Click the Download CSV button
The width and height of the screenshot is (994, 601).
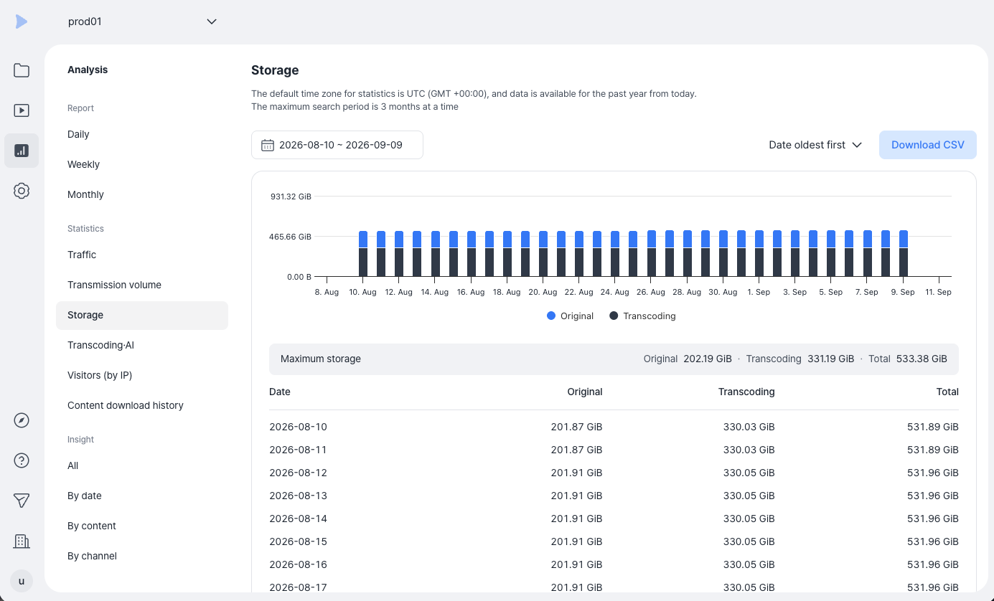coord(927,145)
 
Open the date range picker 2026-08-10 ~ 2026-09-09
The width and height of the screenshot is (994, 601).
coord(337,145)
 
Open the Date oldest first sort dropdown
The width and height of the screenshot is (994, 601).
coord(815,145)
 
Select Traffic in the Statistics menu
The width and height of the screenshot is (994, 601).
coord(82,255)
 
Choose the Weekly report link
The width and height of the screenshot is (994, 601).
coord(83,164)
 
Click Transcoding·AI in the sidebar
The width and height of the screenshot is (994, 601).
coord(100,345)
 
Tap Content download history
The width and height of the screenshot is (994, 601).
coord(125,405)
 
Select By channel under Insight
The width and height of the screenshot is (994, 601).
coord(92,556)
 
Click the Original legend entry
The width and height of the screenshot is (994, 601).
coord(570,316)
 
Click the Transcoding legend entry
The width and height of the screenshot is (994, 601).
coord(642,316)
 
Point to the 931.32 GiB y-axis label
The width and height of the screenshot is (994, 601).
coord(291,196)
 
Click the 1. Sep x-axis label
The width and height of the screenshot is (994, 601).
coord(759,292)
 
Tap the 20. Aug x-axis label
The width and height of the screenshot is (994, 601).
coord(543,292)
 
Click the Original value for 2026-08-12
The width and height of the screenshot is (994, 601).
coord(576,473)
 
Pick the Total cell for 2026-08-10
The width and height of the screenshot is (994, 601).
coord(933,427)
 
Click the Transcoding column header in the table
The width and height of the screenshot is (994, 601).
coord(746,392)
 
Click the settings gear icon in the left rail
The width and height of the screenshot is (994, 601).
coord(22,191)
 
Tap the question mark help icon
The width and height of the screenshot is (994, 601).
coord(22,460)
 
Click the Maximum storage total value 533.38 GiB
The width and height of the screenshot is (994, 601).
coord(922,359)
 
